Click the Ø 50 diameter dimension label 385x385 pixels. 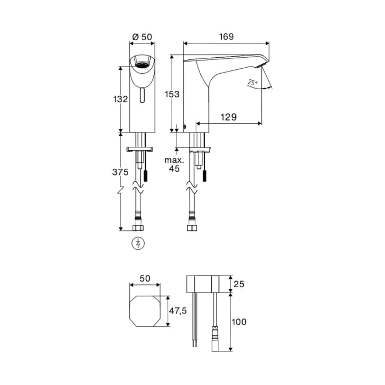pyautogui.click(x=142, y=37)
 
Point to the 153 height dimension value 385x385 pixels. pyautogui.click(x=172, y=94)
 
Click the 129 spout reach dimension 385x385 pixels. pyautogui.click(x=229, y=117)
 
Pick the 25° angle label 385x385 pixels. pyautogui.click(x=252, y=82)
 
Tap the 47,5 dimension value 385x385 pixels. pyautogui.click(x=178, y=311)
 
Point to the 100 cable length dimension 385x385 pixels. pyautogui.click(x=238, y=321)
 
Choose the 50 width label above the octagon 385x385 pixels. pyautogui.click(x=145, y=279)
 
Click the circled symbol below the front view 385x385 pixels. pyautogui.click(x=140, y=243)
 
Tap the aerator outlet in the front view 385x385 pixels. pyautogui.click(x=142, y=64)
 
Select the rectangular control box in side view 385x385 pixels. pyautogui.click(x=205, y=284)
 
